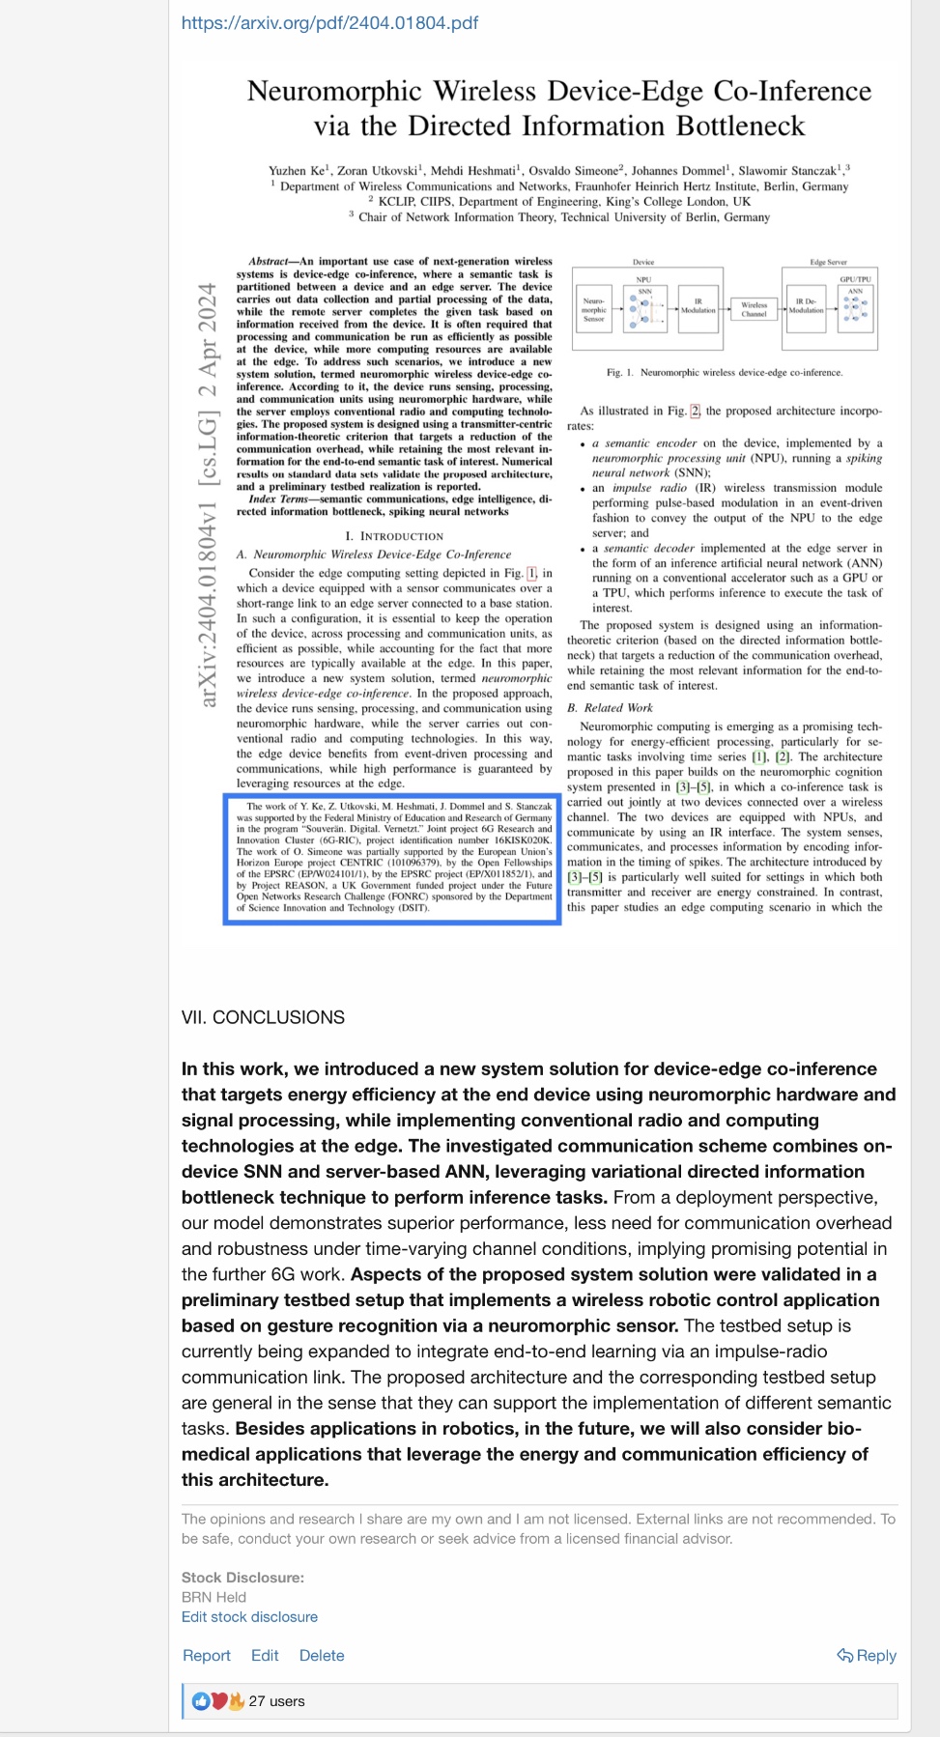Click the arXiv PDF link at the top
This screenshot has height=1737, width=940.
[x=329, y=22]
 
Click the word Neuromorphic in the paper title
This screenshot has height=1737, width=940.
[x=334, y=91]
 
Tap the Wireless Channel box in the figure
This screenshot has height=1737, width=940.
[x=754, y=308]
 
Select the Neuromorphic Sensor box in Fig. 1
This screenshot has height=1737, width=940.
[x=593, y=309]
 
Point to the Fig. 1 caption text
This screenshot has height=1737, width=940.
[x=724, y=372]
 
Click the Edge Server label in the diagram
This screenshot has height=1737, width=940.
[x=828, y=262]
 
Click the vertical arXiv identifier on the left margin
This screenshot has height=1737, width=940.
[x=208, y=495]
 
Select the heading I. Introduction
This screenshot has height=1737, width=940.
[x=394, y=536]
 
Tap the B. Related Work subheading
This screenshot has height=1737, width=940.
[x=610, y=707]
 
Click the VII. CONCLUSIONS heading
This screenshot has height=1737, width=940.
[x=263, y=1017]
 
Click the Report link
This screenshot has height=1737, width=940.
[x=207, y=1655]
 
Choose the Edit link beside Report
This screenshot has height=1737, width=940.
[x=265, y=1655]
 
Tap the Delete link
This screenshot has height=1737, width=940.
[x=322, y=1655]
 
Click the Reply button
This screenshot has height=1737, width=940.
[x=867, y=1655]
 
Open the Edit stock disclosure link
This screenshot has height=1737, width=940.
[x=249, y=1616]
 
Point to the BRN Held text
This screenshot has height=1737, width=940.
[x=214, y=1597]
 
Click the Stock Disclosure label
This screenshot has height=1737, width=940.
[x=242, y=1578]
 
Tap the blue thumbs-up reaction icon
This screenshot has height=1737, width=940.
[x=201, y=1701]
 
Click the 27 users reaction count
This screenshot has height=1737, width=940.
[x=276, y=1701]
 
